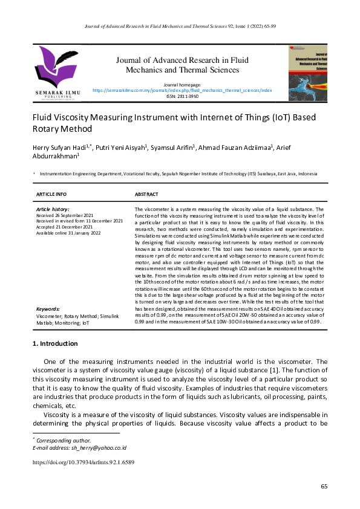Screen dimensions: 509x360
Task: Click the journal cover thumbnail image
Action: click(x=308, y=71)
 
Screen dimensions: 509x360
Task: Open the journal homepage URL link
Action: click(x=182, y=89)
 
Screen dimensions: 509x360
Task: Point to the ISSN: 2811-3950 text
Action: click(x=182, y=96)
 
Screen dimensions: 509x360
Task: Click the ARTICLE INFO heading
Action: click(x=52, y=194)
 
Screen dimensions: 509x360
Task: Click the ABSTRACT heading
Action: click(x=146, y=194)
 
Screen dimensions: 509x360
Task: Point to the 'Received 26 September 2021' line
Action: click(x=65, y=215)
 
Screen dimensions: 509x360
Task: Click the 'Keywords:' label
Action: click(x=48, y=308)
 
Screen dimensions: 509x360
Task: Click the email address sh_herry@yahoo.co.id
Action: click(x=100, y=448)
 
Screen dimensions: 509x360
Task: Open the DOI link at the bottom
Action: click(x=83, y=462)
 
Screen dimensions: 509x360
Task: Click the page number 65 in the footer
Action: click(x=324, y=486)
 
